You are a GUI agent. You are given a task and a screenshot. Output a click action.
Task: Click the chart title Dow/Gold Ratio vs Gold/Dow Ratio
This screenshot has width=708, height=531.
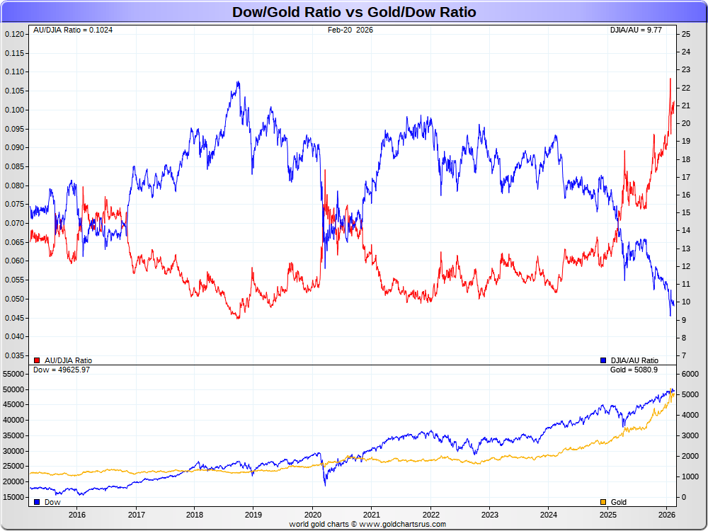point(354,12)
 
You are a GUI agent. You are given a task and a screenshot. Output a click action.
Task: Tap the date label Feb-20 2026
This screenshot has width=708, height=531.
point(350,30)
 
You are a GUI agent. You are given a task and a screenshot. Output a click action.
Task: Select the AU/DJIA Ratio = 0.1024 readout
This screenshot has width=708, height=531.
point(73,30)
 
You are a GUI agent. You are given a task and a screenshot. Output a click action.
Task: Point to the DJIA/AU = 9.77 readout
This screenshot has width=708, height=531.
point(636,30)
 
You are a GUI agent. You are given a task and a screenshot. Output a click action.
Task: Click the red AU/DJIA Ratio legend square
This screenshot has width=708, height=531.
point(37,360)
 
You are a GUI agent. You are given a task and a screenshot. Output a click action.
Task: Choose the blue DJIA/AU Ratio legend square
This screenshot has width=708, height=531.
point(603,360)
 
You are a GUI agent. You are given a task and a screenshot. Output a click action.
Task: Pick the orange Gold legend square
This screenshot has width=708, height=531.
point(603,502)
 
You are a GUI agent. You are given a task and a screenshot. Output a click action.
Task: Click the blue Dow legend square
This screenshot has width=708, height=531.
point(37,502)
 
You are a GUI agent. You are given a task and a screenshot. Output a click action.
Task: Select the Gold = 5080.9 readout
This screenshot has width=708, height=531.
point(634,370)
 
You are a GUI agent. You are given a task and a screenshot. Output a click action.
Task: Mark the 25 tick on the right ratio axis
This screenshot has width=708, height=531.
point(685,34)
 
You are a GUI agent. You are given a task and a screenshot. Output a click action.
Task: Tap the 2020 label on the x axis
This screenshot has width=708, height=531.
point(313,515)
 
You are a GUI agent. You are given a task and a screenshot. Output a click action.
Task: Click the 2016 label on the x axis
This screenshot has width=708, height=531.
point(77,515)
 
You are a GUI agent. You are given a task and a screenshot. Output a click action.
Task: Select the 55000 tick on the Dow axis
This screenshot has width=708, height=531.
point(14,374)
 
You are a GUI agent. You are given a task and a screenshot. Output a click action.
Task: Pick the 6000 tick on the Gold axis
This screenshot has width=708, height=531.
point(690,374)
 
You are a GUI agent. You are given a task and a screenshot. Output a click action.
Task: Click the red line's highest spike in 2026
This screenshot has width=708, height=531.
point(670,79)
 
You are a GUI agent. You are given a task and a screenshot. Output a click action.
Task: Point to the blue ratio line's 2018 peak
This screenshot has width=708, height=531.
point(238,82)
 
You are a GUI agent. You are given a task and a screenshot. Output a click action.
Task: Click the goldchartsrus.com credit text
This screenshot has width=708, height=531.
point(367,524)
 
